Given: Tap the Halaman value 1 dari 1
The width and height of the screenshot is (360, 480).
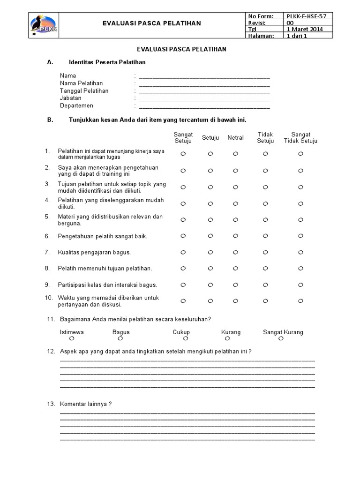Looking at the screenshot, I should (x=296, y=36).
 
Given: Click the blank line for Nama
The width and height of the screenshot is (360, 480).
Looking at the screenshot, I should (x=204, y=76).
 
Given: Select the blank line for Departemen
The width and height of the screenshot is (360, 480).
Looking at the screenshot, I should (x=204, y=106).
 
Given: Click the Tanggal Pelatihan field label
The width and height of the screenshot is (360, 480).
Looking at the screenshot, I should (x=84, y=91).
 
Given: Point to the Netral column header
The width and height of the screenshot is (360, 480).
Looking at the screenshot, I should (x=235, y=138).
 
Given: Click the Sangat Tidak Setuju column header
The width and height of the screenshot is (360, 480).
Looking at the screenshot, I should (x=300, y=138).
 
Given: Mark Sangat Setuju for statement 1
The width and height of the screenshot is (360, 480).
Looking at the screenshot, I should (x=183, y=154).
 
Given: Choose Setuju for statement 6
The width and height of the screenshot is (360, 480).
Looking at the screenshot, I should (x=210, y=236).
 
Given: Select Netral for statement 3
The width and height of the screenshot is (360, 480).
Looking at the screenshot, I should (x=236, y=187).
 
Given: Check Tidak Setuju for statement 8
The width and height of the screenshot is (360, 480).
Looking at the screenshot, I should (x=265, y=268).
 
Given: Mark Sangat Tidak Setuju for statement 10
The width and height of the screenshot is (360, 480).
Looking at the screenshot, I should (x=300, y=301).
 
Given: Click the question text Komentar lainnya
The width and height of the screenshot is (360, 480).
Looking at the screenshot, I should (x=86, y=404).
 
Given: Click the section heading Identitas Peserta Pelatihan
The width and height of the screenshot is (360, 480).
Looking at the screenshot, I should (x=107, y=62).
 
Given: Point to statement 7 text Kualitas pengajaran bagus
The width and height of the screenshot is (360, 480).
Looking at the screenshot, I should (x=94, y=252).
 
